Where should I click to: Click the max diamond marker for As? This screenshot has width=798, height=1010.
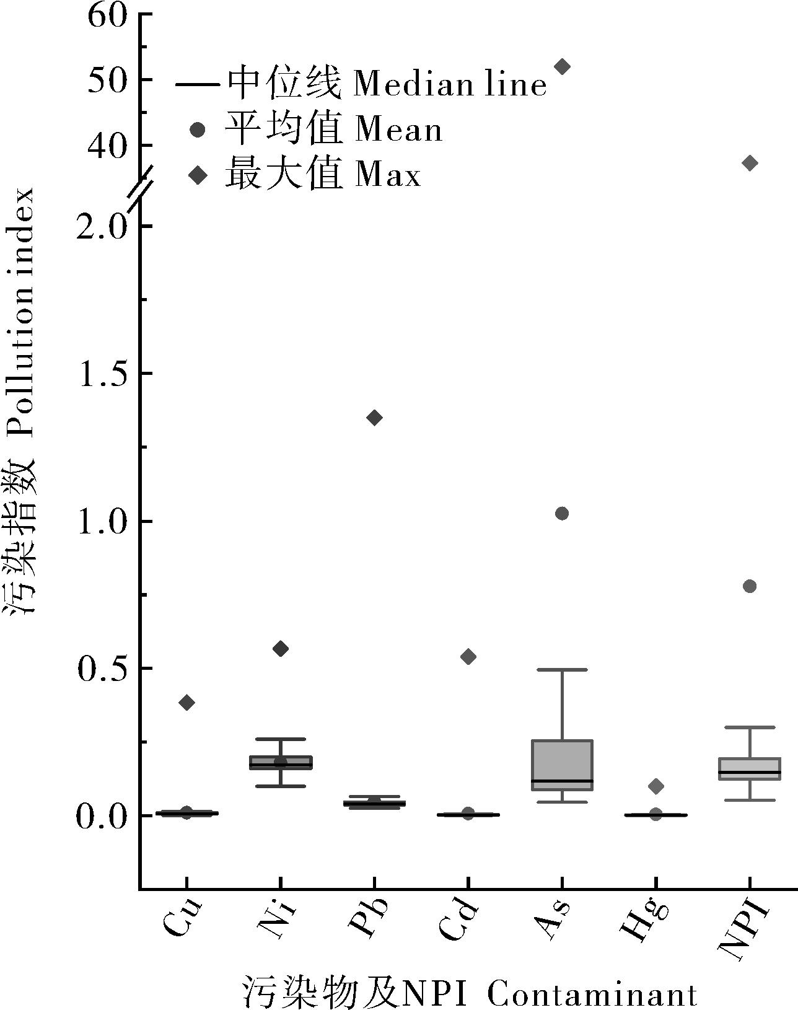[562, 66]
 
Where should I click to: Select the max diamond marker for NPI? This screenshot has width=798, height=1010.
[750, 163]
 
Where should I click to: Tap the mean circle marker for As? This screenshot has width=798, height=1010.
[562, 513]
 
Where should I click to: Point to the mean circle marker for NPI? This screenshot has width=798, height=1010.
[750, 586]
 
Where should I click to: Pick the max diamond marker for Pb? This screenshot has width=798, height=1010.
[374, 418]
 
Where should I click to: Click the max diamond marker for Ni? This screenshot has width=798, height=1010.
[281, 649]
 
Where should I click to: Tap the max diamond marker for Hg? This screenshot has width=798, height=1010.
[656, 786]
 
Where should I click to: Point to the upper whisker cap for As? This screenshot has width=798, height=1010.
[562, 670]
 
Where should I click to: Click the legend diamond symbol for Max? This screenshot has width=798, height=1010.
[198, 176]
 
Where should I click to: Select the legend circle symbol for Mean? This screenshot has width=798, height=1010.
[198, 130]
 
